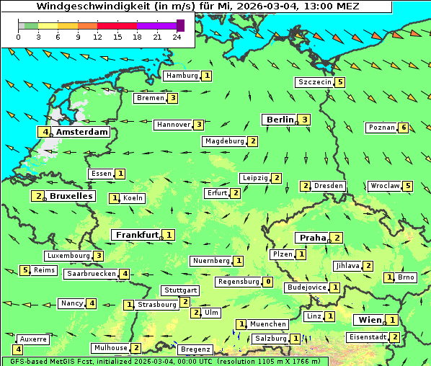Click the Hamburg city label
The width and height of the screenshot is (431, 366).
182,76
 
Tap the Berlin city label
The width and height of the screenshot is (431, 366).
280,120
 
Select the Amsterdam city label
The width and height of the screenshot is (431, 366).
81,132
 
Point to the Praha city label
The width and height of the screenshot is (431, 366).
313,238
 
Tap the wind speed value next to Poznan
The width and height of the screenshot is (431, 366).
404,128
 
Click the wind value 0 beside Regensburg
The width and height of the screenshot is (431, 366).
268,282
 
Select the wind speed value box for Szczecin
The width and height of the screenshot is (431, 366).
340,82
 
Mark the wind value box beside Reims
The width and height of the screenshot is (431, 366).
25,270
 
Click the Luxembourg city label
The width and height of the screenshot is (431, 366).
68,256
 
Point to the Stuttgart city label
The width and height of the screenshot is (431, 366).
179,290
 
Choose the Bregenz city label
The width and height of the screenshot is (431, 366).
195,349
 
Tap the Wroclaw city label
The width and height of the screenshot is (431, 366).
384,186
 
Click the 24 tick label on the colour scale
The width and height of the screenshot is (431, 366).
177,37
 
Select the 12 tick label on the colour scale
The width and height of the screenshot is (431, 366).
97,37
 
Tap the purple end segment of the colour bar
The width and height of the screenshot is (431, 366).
180,25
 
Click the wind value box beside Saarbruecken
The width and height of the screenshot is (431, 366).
125,274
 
